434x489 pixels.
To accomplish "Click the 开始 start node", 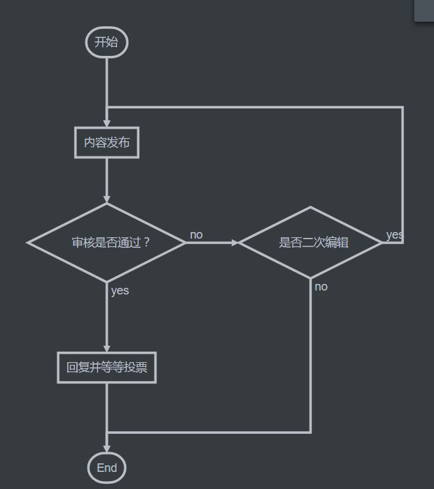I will [106, 43].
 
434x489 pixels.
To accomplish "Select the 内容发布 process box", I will [107, 142].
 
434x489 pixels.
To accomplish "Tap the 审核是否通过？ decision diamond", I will [107, 243].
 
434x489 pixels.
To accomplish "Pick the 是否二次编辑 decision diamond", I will [310, 243].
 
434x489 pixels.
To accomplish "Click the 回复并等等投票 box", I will [107, 368].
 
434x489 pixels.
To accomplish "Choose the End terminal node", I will [107, 468].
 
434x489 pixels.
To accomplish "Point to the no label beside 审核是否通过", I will [196, 235].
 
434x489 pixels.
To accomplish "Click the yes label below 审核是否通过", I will [120, 291].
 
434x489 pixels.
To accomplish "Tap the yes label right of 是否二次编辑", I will [394, 235].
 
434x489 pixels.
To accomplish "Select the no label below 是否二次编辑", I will [321, 287].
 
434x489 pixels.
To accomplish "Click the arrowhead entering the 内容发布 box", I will [107, 124].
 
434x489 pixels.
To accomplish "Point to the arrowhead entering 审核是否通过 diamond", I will [107, 199].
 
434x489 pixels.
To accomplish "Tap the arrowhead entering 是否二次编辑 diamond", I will [235, 243].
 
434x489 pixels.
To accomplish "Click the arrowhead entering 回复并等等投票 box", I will [107, 349].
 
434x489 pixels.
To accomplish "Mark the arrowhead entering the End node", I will [107, 449].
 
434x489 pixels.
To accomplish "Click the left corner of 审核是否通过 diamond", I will [29, 243].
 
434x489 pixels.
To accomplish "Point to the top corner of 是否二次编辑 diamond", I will [310, 208].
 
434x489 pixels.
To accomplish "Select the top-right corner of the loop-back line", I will [402, 107].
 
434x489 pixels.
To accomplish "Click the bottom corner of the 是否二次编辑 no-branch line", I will [310, 432].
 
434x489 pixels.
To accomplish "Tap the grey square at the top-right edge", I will [425, 11].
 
